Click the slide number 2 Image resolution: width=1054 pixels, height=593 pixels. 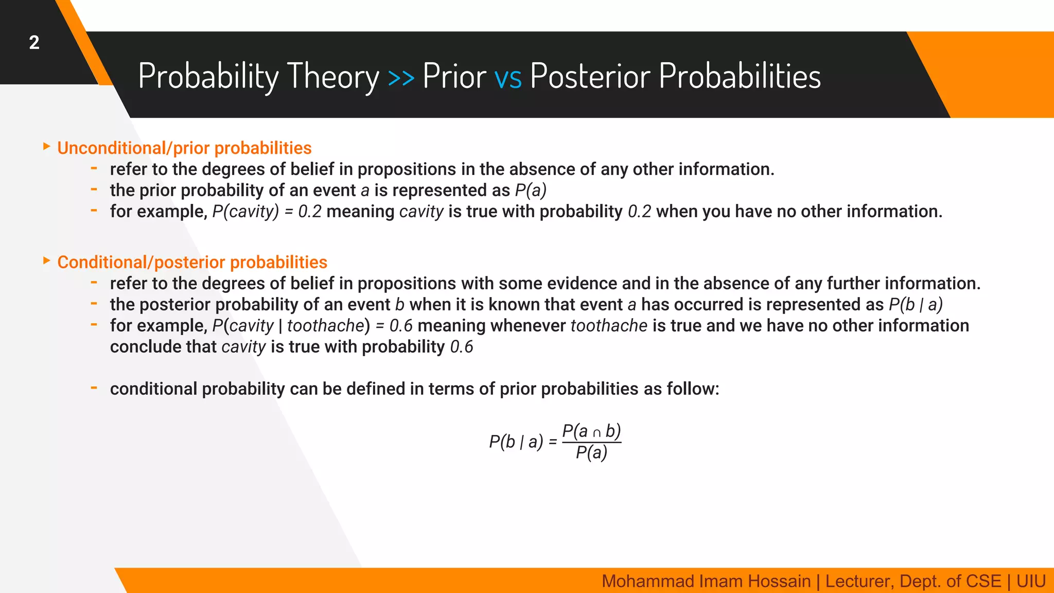(x=34, y=42)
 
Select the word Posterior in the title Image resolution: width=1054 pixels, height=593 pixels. (x=590, y=76)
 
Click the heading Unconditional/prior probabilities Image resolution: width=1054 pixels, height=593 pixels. (x=184, y=148)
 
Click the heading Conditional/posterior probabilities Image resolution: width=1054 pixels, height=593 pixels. (x=192, y=263)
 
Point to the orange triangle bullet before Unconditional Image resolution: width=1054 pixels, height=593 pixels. (x=47, y=147)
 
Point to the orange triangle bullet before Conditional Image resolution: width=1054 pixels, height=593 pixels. (x=47, y=261)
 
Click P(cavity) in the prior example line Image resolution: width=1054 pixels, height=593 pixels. (x=245, y=212)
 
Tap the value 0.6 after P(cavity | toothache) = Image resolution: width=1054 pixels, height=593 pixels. (x=401, y=326)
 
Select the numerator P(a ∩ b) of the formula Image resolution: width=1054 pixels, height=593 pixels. (x=591, y=431)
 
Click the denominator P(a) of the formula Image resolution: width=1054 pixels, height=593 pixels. (x=591, y=453)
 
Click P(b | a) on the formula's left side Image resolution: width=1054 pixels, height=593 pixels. (x=516, y=442)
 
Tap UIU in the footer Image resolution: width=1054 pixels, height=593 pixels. (x=1031, y=581)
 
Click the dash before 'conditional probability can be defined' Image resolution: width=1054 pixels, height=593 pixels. (x=94, y=388)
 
